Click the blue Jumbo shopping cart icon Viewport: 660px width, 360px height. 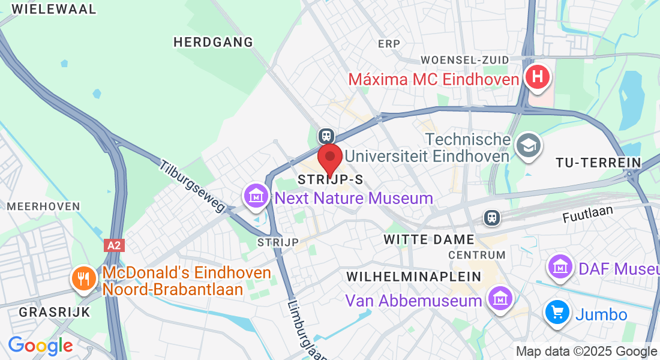[x=557, y=313]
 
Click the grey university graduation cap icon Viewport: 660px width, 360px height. [x=529, y=146]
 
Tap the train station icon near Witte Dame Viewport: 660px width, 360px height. [x=492, y=217]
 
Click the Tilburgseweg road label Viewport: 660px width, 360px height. [x=192, y=186]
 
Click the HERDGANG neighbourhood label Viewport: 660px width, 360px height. [x=213, y=42]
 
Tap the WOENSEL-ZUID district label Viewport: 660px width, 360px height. [x=465, y=60]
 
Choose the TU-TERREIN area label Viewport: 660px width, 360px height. [x=598, y=163]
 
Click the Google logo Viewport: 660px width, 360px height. [x=40, y=345]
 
